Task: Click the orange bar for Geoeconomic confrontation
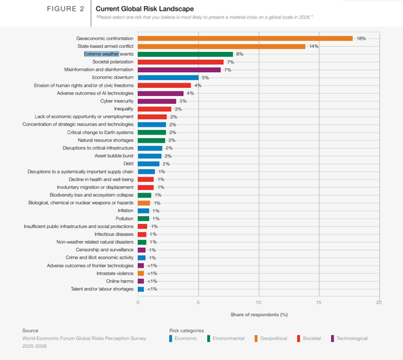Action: point(245,39)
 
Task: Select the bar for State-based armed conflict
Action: point(221,47)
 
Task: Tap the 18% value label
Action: point(361,39)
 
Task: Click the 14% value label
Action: point(313,47)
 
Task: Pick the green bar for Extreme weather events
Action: point(185,54)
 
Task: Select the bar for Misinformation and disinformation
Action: point(179,69)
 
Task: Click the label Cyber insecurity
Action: point(117,101)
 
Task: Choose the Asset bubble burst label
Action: point(115,155)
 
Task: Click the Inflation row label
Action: point(125,211)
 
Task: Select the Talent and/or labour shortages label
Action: point(103,289)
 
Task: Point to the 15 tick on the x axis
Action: point(318,302)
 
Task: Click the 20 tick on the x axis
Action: point(378,302)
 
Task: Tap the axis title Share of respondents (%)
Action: point(259,314)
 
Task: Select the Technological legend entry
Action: point(350,339)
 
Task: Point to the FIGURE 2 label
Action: point(65,9)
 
